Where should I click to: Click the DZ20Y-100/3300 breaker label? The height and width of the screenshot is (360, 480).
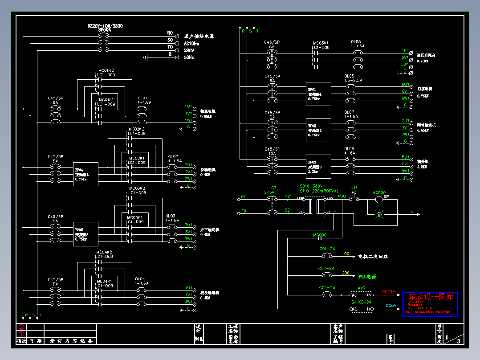pyautogui.click(x=105, y=26)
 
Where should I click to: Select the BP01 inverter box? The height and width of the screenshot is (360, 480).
pyautogui.click(x=318, y=94)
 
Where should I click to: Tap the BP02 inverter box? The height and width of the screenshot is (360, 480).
pyautogui.click(x=318, y=130)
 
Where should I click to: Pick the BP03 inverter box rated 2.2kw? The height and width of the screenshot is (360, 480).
pyautogui.click(x=318, y=166)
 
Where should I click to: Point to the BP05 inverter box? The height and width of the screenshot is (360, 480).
pyautogui.click(x=85, y=234)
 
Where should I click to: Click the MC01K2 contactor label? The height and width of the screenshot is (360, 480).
pyautogui.click(x=106, y=70)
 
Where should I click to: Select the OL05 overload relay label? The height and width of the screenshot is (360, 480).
pyautogui.click(x=356, y=41)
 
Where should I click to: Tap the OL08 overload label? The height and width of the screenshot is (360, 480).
pyautogui.click(x=350, y=148)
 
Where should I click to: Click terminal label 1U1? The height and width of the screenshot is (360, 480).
pyautogui.click(x=188, y=106)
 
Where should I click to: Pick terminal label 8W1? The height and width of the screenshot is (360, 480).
pyautogui.click(x=405, y=171)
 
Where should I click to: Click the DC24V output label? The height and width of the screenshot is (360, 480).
pyautogui.click(x=389, y=292)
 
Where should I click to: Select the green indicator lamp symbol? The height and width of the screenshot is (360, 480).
pyautogui.click(x=379, y=215)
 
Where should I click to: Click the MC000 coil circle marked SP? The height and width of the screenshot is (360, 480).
pyautogui.click(x=379, y=199)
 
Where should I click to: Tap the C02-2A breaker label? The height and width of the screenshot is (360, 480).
pyautogui.click(x=326, y=269)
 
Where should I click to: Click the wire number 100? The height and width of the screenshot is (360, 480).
pyautogui.click(x=346, y=254)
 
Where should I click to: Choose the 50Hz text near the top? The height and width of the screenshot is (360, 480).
pyautogui.click(x=189, y=58)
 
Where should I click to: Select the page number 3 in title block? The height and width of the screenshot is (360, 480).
pyautogui.click(x=458, y=341)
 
